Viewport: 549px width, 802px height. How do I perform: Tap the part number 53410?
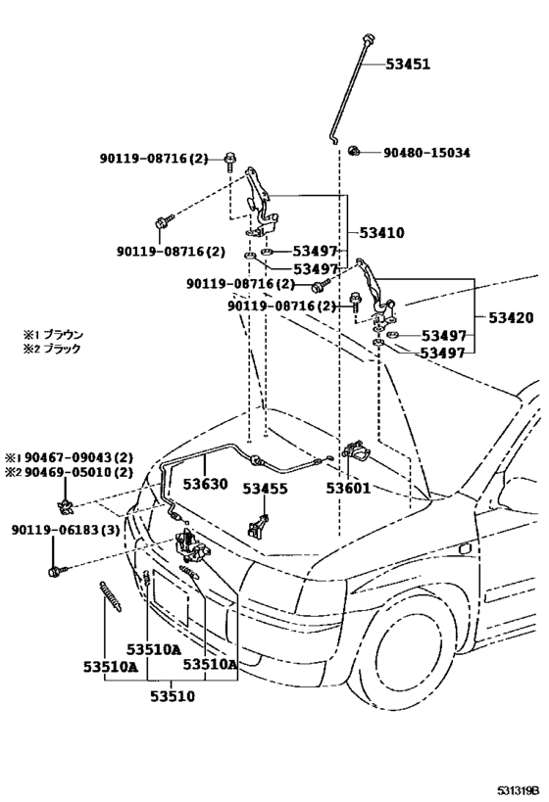[380, 233]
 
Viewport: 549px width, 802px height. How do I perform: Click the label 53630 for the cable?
[202, 485]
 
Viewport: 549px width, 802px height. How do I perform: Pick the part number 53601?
[349, 487]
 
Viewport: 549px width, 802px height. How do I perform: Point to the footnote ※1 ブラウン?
[54, 334]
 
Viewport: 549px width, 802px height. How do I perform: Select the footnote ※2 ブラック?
[54, 349]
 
